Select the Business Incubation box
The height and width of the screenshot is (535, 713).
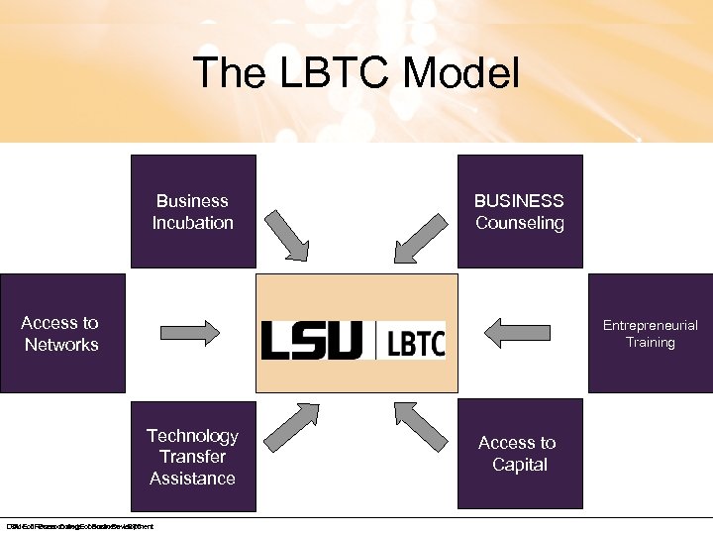click(x=193, y=211)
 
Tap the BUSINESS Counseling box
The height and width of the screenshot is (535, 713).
click(x=519, y=211)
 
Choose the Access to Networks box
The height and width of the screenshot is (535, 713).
click(x=61, y=334)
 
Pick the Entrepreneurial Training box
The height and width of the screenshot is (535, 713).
click(x=650, y=334)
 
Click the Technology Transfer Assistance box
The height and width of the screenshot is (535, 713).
click(x=193, y=456)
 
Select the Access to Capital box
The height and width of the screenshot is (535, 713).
click(x=519, y=456)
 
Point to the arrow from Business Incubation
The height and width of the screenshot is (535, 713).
click(x=290, y=231)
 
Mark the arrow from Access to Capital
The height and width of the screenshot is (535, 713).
click(x=422, y=426)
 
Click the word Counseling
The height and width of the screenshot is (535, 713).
click(x=519, y=223)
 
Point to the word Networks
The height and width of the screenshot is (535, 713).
click(x=61, y=345)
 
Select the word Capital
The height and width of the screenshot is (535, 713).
click(x=520, y=465)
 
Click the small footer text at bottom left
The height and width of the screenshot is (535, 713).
click(x=79, y=526)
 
